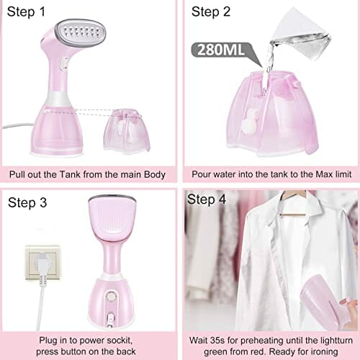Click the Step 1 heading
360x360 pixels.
pos(26,12)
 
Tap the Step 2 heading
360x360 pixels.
pos(211,12)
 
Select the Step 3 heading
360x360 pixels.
pos(27,203)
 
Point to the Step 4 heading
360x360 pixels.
pos(207,199)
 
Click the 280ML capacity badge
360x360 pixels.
pos(221,50)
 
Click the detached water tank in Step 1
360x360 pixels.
pos(127,131)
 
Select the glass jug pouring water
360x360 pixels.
pos(301,35)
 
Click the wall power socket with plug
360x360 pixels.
pos(42,263)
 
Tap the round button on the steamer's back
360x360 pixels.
pos(111,297)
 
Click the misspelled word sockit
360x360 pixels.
pos(120,341)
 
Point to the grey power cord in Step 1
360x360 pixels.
pos(18,126)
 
